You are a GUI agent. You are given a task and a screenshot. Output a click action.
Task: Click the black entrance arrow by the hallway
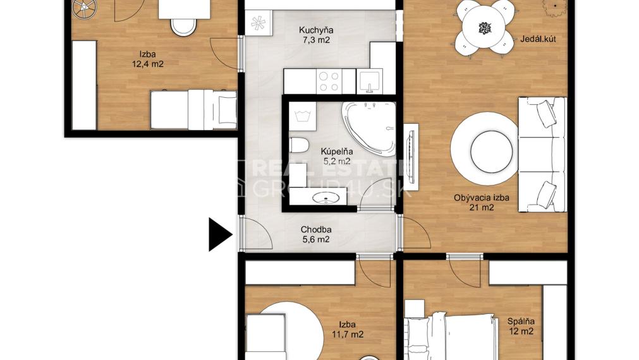click(220, 234)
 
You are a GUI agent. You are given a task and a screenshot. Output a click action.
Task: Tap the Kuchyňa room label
click(316, 30)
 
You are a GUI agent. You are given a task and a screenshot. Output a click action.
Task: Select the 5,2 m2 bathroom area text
click(337, 161)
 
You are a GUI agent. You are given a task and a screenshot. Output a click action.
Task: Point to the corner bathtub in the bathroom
click(369, 129)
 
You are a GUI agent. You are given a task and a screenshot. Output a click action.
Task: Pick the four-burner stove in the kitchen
click(329, 81)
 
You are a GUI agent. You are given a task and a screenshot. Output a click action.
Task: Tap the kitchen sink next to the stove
click(370, 81)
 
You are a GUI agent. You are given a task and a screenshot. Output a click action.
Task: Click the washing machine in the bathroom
click(302, 116)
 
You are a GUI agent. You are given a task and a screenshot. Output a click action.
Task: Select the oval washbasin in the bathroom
click(326, 199)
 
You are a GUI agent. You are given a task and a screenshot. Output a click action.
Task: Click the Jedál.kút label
click(538, 39)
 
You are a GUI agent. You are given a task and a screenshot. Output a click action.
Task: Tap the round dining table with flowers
click(484, 28)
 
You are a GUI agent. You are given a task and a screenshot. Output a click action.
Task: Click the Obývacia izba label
click(481, 198)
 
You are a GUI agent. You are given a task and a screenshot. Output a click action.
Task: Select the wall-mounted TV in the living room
click(411, 157)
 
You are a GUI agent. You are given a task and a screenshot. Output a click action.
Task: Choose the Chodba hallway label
click(316, 230)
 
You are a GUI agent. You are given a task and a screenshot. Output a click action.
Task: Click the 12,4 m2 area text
click(148, 64)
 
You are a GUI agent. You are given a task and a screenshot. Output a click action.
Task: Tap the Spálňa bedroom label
click(521, 321)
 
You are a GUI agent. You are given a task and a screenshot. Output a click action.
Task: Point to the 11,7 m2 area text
click(347, 334)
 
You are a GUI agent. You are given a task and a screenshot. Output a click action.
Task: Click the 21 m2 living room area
click(482, 208)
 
